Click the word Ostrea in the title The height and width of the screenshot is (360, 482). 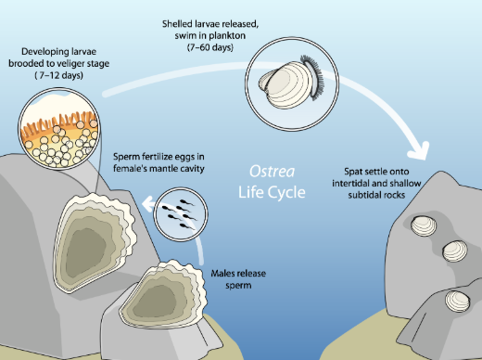pos(272,172)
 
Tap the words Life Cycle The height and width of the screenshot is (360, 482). pos(272,192)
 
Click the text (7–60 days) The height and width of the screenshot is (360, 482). pos(210,47)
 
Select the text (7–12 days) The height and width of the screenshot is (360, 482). pos(58,75)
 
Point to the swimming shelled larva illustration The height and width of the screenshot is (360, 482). pos(291,83)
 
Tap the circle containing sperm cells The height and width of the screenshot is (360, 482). pos(181,214)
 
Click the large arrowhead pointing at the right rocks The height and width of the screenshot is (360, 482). pos(420,151)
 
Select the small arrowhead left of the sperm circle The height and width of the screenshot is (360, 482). pos(148,204)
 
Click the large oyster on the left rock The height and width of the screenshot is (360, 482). pos(95,243)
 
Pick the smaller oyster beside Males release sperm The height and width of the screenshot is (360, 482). pos(162,295)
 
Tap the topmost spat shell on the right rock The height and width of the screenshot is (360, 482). pos(424,225)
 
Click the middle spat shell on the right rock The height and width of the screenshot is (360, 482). pos(455,251)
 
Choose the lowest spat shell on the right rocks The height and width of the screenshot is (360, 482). pos(458,302)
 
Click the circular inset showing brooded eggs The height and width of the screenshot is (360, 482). pos(59,129)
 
